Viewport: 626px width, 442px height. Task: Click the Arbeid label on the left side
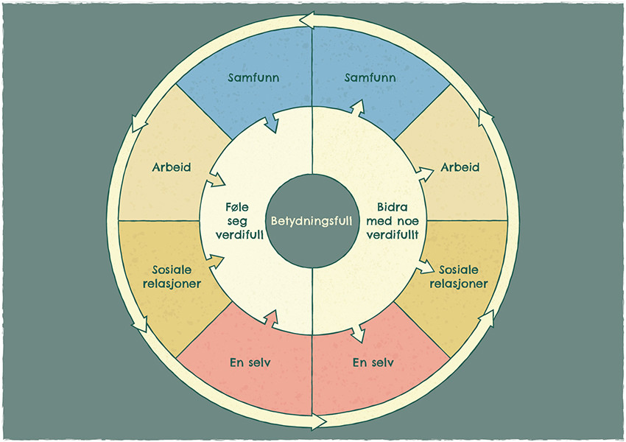click(171, 167)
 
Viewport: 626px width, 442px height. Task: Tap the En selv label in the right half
click(373, 362)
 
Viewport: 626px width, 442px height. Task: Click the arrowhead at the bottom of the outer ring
click(318, 422)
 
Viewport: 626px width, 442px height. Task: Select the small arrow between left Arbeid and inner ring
click(217, 179)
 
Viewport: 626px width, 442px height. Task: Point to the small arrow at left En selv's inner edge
click(270, 318)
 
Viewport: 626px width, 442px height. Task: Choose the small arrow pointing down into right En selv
click(358, 333)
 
